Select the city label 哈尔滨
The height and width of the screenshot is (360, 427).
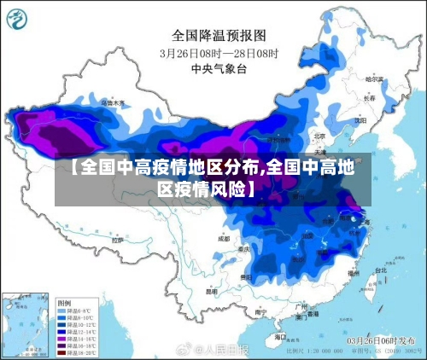click(372, 78)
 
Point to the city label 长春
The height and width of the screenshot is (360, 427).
click(368, 98)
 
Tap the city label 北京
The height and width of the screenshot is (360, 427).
click(319, 135)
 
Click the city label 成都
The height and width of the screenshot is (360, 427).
click(223, 239)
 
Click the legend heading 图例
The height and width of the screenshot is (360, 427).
click(64, 303)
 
